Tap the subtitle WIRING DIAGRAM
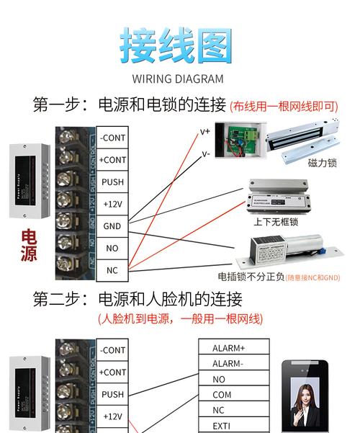pyautogui.click(x=178, y=79)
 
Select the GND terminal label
pyautogui.click(x=112, y=226)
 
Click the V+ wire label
pyautogui.click(x=205, y=132)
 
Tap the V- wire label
pyautogui.click(x=205, y=153)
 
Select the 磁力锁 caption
pyautogui.click(x=322, y=164)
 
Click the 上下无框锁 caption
pyautogui.click(x=275, y=222)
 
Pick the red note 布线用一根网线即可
pyautogui.click(x=283, y=106)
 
